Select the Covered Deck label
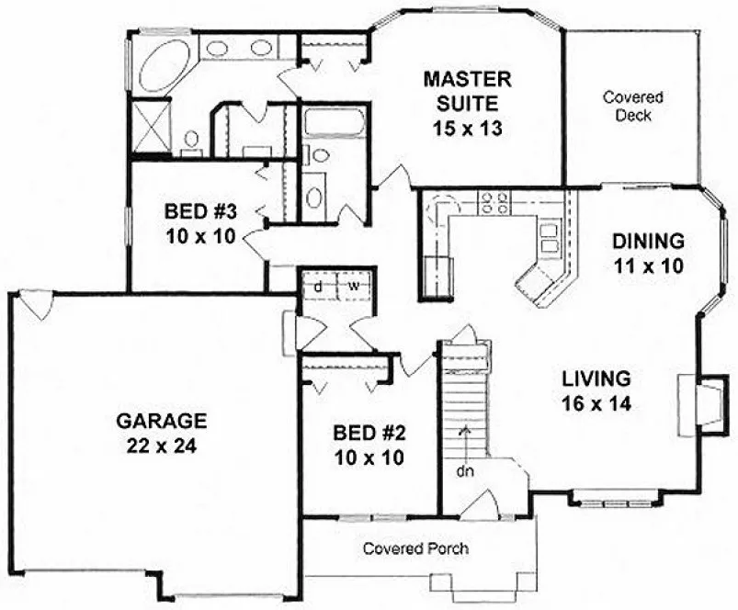pyautogui.click(x=633, y=106)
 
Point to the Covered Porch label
pyautogui.click(x=415, y=549)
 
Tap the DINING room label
pyautogui.click(x=648, y=243)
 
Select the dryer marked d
pyautogui.click(x=317, y=286)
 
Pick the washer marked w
pyautogui.click(x=353, y=286)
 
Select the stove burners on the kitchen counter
pyautogui.click(x=494, y=201)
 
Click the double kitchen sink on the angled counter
pyautogui.click(x=551, y=238)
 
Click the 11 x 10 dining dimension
pyautogui.click(x=649, y=268)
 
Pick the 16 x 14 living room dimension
pyautogui.click(x=597, y=402)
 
